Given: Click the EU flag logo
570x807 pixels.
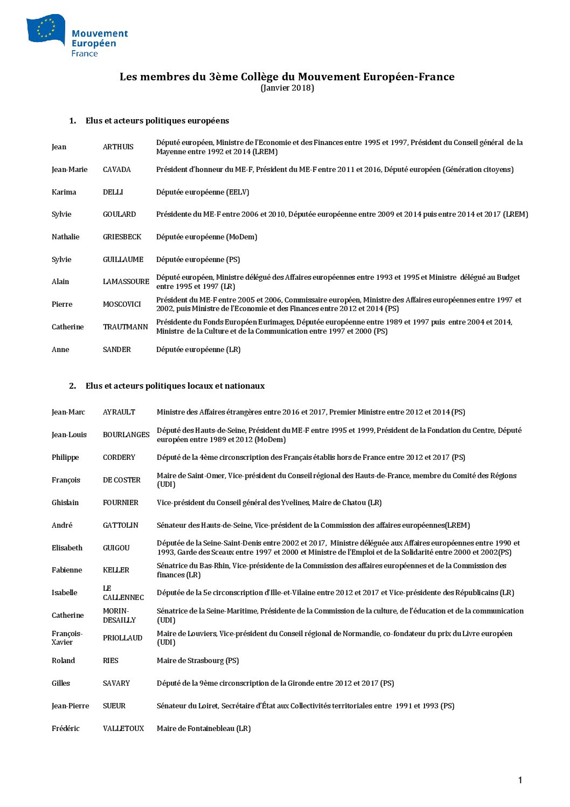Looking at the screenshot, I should (x=45, y=29).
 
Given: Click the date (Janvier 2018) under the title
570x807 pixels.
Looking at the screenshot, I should (x=287, y=88).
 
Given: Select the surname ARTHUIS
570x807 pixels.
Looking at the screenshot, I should (x=118, y=147).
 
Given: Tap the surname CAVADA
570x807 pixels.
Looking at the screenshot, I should (x=117, y=170).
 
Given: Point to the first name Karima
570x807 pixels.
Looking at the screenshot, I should (x=64, y=192).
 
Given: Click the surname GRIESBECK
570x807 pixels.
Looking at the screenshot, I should (x=122, y=237).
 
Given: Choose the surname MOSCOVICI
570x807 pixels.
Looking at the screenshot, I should (x=122, y=305).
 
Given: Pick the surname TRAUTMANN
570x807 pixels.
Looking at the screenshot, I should (x=126, y=327).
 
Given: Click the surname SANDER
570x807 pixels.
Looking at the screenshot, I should (x=117, y=350).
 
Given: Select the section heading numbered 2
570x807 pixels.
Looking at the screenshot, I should (x=167, y=386).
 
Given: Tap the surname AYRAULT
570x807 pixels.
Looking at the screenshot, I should (x=119, y=412).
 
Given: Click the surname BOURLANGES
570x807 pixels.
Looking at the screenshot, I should (x=126, y=435).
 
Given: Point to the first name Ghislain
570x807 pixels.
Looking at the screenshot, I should (x=65, y=503).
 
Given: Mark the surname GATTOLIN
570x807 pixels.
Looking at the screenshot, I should (x=121, y=526).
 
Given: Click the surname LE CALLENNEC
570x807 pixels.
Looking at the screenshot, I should (x=123, y=593).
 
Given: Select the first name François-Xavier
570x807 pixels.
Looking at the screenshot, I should (x=67, y=638).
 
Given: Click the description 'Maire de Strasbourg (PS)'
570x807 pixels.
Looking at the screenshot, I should (x=198, y=661).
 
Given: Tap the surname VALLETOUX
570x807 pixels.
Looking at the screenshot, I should (x=123, y=729).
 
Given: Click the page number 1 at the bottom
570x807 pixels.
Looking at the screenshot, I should (x=520, y=780).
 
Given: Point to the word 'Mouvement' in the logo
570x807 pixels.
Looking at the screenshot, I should (x=100, y=33).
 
